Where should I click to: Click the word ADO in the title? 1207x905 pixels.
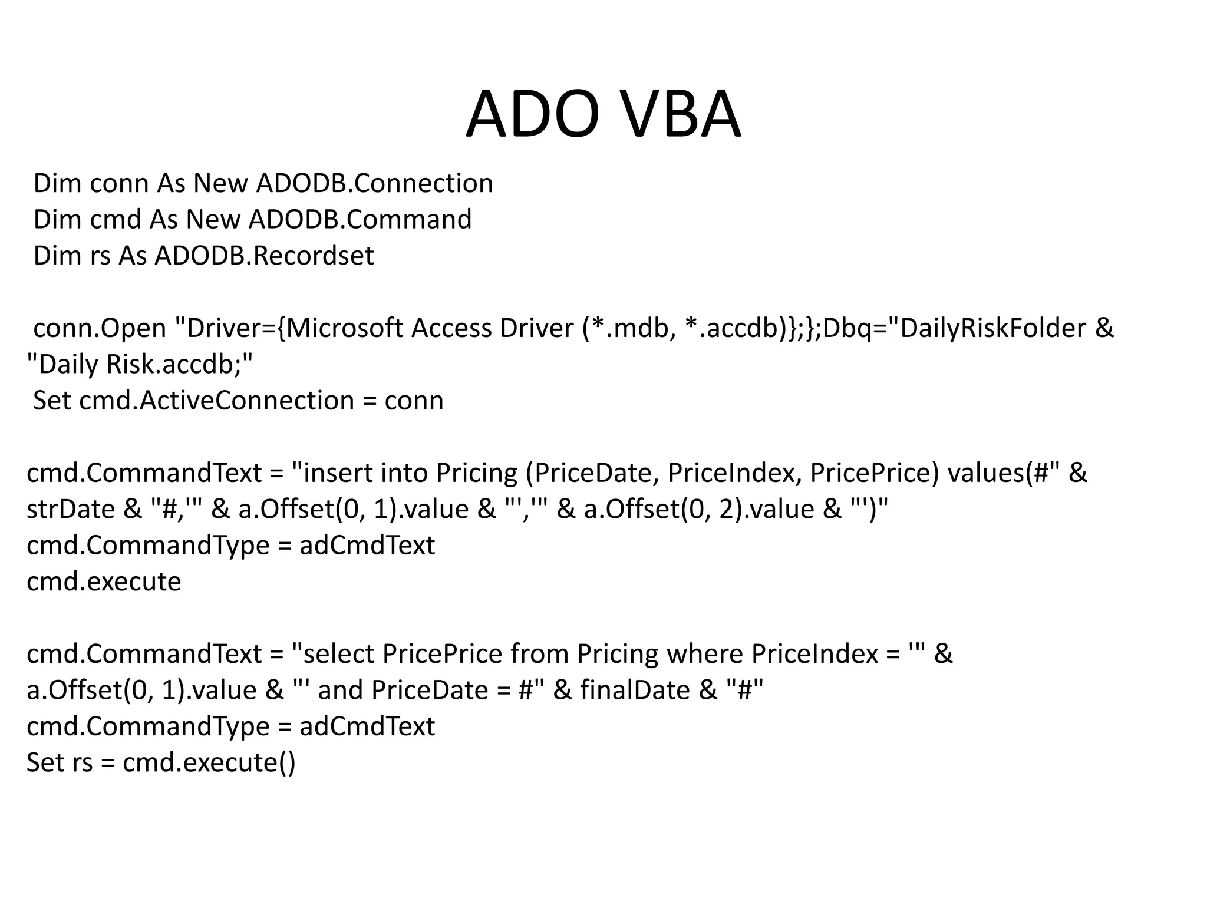click(533, 114)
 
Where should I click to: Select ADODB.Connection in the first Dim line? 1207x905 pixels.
click(374, 183)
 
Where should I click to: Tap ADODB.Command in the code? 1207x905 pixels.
click(360, 219)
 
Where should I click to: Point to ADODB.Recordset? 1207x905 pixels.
click(264, 256)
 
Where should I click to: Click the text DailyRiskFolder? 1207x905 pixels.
click(993, 328)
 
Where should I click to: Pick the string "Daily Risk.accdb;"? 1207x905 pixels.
click(140, 365)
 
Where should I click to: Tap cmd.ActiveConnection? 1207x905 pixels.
click(216, 401)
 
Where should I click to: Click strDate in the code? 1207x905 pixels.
click(71, 509)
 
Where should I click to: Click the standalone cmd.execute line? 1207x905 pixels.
click(104, 582)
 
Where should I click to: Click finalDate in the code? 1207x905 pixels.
click(635, 690)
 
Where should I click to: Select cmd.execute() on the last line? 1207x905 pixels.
click(209, 763)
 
